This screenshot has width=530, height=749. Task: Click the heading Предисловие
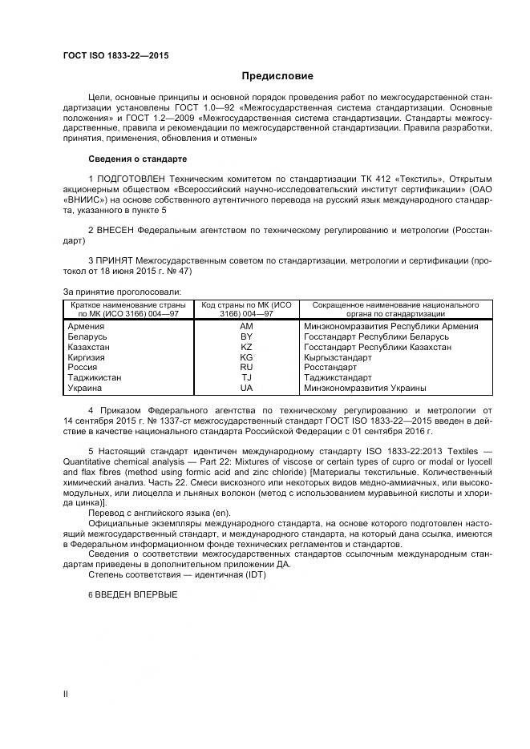pyautogui.click(x=277, y=76)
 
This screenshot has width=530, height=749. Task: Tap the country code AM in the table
pyautogui.click(x=246, y=326)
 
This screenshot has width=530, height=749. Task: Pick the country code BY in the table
pyautogui.click(x=246, y=336)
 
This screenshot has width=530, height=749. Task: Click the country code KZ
pyautogui.click(x=246, y=347)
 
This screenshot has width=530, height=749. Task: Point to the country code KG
pyautogui.click(x=246, y=357)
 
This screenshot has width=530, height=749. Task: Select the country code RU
pyautogui.click(x=246, y=367)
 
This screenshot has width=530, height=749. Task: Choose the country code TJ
pyautogui.click(x=246, y=377)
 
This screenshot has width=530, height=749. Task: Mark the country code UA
pyautogui.click(x=246, y=388)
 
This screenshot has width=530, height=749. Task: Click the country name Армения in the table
pyautogui.click(x=86, y=326)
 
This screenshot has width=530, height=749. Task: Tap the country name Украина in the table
pyautogui.click(x=85, y=388)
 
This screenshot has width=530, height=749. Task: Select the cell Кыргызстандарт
pyautogui.click(x=338, y=357)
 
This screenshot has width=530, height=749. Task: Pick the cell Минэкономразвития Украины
pyautogui.click(x=365, y=388)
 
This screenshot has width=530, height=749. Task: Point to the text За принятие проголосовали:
pyautogui.click(x=122, y=292)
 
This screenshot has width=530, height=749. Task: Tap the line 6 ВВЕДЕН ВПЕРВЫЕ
pyautogui.click(x=131, y=594)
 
